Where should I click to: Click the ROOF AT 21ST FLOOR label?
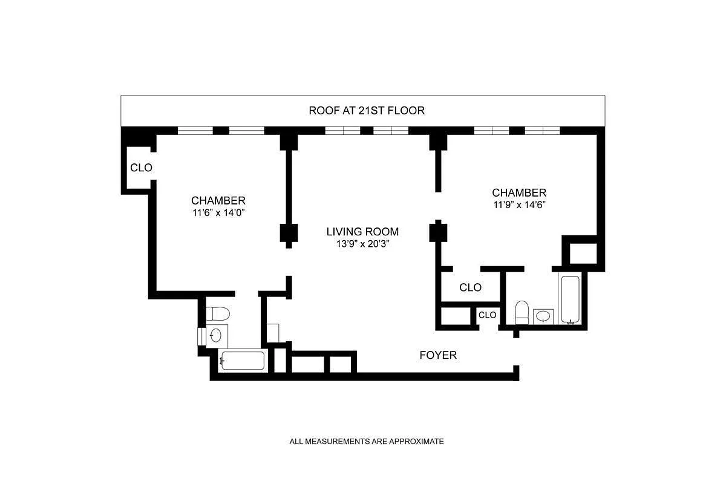tap(367, 111)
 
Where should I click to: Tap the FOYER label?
tap(438, 355)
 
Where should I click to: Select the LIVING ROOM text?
tap(362, 232)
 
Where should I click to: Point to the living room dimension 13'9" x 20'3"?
tap(362, 244)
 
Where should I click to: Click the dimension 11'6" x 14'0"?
tap(218, 213)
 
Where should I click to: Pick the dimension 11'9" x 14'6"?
tap(519, 205)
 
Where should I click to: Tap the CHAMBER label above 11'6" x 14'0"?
tap(218, 200)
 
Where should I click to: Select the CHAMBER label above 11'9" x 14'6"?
tap(519, 192)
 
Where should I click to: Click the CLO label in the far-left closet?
tap(141, 168)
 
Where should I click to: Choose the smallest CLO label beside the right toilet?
tap(488, 315)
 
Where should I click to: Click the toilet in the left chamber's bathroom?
tap(218, 315)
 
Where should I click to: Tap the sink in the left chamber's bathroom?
tap(216, 335)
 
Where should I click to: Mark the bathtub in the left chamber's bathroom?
tap(242, 361)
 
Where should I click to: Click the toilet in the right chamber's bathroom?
tap(522, 313)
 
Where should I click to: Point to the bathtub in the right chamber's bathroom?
tap(571, 300)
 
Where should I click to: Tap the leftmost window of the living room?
tap(342, 130)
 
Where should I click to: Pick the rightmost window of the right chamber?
tap(542, 130)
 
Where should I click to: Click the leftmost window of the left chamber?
tap(195, 130)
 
